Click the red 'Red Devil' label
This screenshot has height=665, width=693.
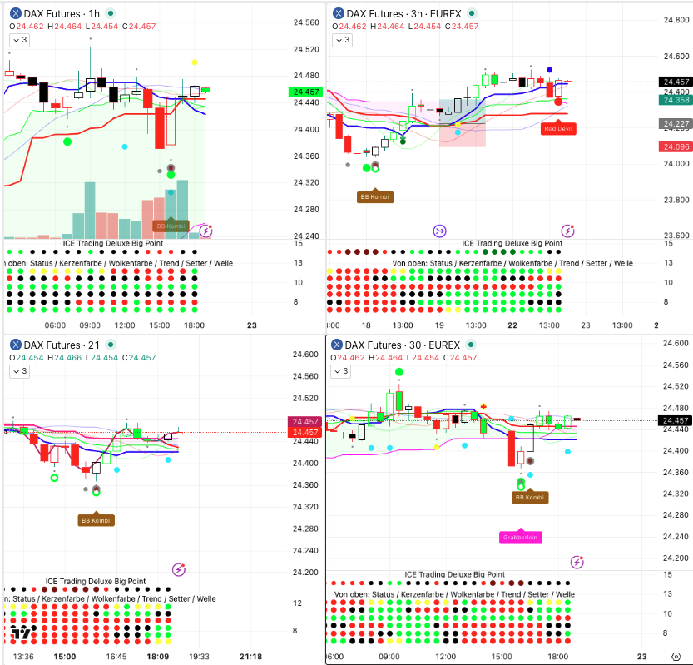point(558,129)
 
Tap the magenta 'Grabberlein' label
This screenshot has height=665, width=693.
point(521,538)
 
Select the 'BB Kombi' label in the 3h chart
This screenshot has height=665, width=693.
point(375,197)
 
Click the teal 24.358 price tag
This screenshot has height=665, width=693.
point(676,100)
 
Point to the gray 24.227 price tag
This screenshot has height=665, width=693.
point(676,124)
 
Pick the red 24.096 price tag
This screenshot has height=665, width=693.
point(676,147)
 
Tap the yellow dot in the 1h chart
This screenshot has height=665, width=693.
point(195,62)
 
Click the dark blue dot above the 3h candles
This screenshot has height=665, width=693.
point(549,70)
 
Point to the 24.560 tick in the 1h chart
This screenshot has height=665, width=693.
point(307,22)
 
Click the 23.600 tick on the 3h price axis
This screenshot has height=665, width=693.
point(676,236)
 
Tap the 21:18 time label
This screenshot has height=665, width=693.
point(250,657)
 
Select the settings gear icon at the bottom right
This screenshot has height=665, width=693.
point(675,656)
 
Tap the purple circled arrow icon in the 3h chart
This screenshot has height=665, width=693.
point(439,231)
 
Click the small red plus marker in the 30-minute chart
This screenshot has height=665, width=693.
point(483,407)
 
